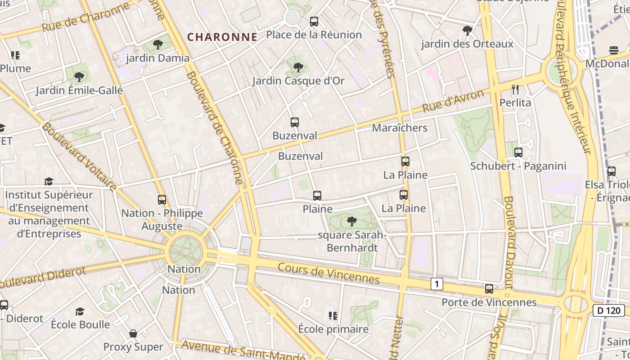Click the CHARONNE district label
coord(222,37)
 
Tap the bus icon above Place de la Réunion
coord(314,21)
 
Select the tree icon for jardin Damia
coord(157,45)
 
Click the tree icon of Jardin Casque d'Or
coord(298,67)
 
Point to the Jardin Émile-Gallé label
coord(79,90)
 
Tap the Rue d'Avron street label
coord(453,101)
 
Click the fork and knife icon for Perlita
coord(515,89)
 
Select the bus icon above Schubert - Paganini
coord(518,153)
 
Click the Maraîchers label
coord(400,128)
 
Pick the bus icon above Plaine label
coord(317,195)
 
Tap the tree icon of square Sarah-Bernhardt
coord(352,221)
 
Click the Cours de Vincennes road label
coord(329,273)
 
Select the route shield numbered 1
coord(436,284)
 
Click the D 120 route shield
coord(609,310)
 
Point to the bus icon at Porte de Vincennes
coord(489,289)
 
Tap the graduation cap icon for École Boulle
coord(80,311)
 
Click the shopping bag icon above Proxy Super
coord(133,333)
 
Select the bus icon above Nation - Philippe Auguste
coord(162,199)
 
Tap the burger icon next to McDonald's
coord(614,50)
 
